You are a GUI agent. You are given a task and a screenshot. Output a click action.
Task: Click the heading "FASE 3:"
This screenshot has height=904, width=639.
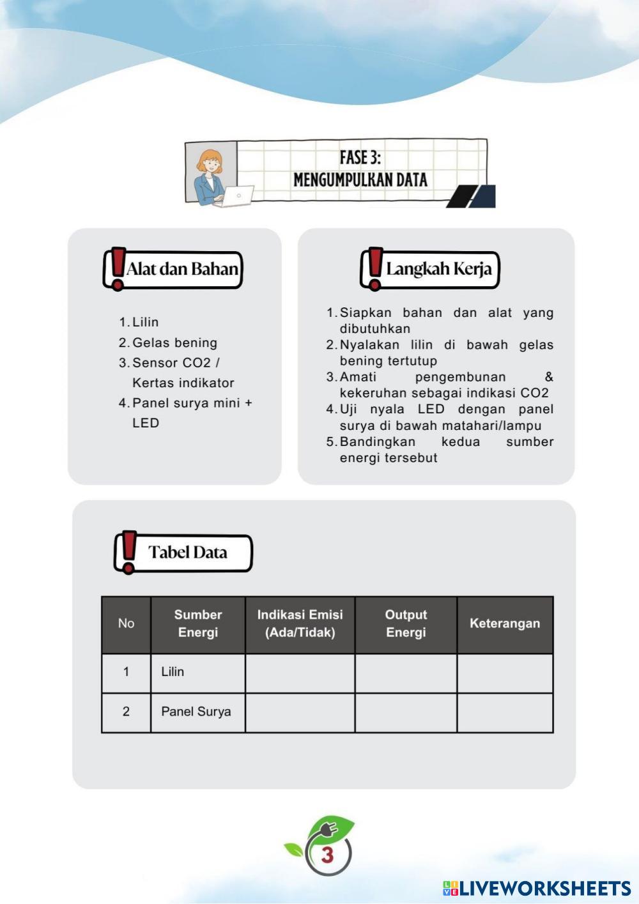pyautogui.click(x=360, y=158)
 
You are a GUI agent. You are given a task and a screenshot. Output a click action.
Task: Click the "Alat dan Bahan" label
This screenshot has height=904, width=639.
pyautogui.click(x=182, y=269)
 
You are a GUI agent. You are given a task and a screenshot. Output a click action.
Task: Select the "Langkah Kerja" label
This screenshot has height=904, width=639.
pyautogui.click(x=439, y=269)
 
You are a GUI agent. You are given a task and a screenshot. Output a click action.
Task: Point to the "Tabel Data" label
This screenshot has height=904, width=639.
pyautogui.click(x=188, y=552)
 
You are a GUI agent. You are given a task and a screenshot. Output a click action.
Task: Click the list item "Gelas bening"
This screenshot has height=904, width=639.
pyautogui.click(x=174, y=342)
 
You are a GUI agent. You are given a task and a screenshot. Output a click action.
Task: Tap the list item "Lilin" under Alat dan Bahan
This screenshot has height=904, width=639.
pyautogui.click(x=145, y=322)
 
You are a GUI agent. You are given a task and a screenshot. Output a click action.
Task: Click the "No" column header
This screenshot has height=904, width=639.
pyautogui.click(x=126, y=624)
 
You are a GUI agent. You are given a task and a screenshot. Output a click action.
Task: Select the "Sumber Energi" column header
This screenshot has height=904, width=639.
pyautogui.click(x=198, y=624)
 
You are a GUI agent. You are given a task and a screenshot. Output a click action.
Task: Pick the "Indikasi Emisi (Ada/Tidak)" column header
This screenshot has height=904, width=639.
pyautogui.click(x=300, y=624)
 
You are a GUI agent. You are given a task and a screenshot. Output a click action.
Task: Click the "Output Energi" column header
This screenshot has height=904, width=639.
pyautogui.click(x=406, y=624)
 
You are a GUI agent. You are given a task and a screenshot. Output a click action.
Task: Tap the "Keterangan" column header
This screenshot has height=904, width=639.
pyautogui.click(x=505, y=624)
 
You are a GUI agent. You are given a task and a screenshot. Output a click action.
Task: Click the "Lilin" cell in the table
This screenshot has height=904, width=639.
pyautogui.click(x=173, y=672)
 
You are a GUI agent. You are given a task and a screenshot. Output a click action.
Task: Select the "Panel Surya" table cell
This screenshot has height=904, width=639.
pyautogui.click(x=196, y=712)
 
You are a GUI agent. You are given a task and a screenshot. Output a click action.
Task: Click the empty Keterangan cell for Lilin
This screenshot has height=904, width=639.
pyautogui.click(x=505, y=673)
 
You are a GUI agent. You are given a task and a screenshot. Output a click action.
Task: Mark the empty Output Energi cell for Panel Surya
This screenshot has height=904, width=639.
pyautogui.click(x=406, y=712)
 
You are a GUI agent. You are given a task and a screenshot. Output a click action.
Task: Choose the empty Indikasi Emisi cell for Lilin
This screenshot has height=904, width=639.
pyautogui.click(x=300, y=673)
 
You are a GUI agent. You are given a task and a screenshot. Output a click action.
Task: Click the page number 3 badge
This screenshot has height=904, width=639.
pyautogui.click(x=328, y=854)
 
